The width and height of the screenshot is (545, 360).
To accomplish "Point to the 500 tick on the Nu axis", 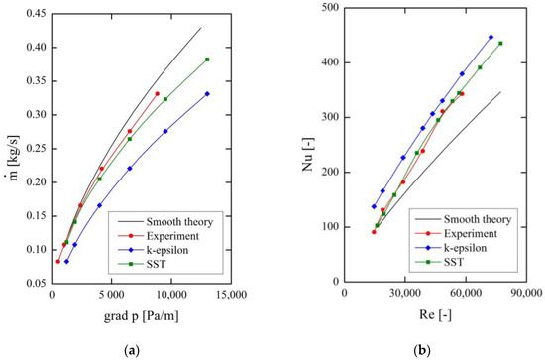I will click(x=328, y=8).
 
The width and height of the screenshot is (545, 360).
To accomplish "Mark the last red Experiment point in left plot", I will click(x=157, y=94).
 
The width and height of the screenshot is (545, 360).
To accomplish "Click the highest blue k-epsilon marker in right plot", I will click(x=490, y=37).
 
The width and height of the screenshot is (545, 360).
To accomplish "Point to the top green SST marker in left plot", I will click(x=207, y=60).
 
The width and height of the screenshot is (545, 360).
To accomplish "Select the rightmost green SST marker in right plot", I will click(x=500, y=43).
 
